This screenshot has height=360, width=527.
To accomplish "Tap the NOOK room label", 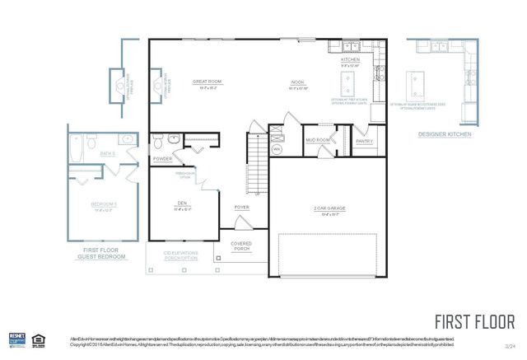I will pyautogui.click(x=298, y=82).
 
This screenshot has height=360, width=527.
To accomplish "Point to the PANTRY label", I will pyautogui.click(x=364, y=141).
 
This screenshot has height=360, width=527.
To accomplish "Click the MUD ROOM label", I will pyautogui.click(x=317, y=140).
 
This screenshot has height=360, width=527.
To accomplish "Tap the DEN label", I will pyautogui.click(x=183, y=203).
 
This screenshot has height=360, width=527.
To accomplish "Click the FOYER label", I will pyautogui.click(x=241, y=207).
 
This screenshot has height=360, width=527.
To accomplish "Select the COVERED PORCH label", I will pyautogui.click(x=241, y=246).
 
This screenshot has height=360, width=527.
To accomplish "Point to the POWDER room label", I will pyautogui.click(x=162, y=158).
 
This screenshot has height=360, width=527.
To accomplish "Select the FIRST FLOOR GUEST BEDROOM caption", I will pyautogui.click(x=105, y=253).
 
